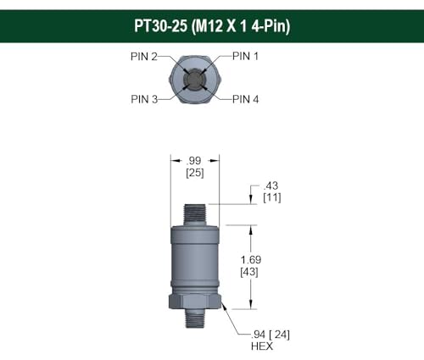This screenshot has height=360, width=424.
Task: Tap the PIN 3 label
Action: tap(144, 99)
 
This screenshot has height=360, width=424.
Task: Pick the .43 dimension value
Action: tap(272, 186)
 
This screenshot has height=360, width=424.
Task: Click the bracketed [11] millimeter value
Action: tap(272, 197)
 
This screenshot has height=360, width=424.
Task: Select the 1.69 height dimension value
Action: tap(249, 260)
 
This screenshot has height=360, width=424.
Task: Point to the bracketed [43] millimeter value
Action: tap(249, 273)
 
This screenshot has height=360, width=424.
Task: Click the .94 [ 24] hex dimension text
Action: tap(269, 334)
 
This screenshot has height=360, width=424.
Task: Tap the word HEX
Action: tap(262, 346)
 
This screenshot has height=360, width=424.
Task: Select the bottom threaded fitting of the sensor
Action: tap(195, 320)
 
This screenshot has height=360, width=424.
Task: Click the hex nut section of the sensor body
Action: tap(195, 301)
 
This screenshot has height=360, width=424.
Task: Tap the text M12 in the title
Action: tap(209, 26)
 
